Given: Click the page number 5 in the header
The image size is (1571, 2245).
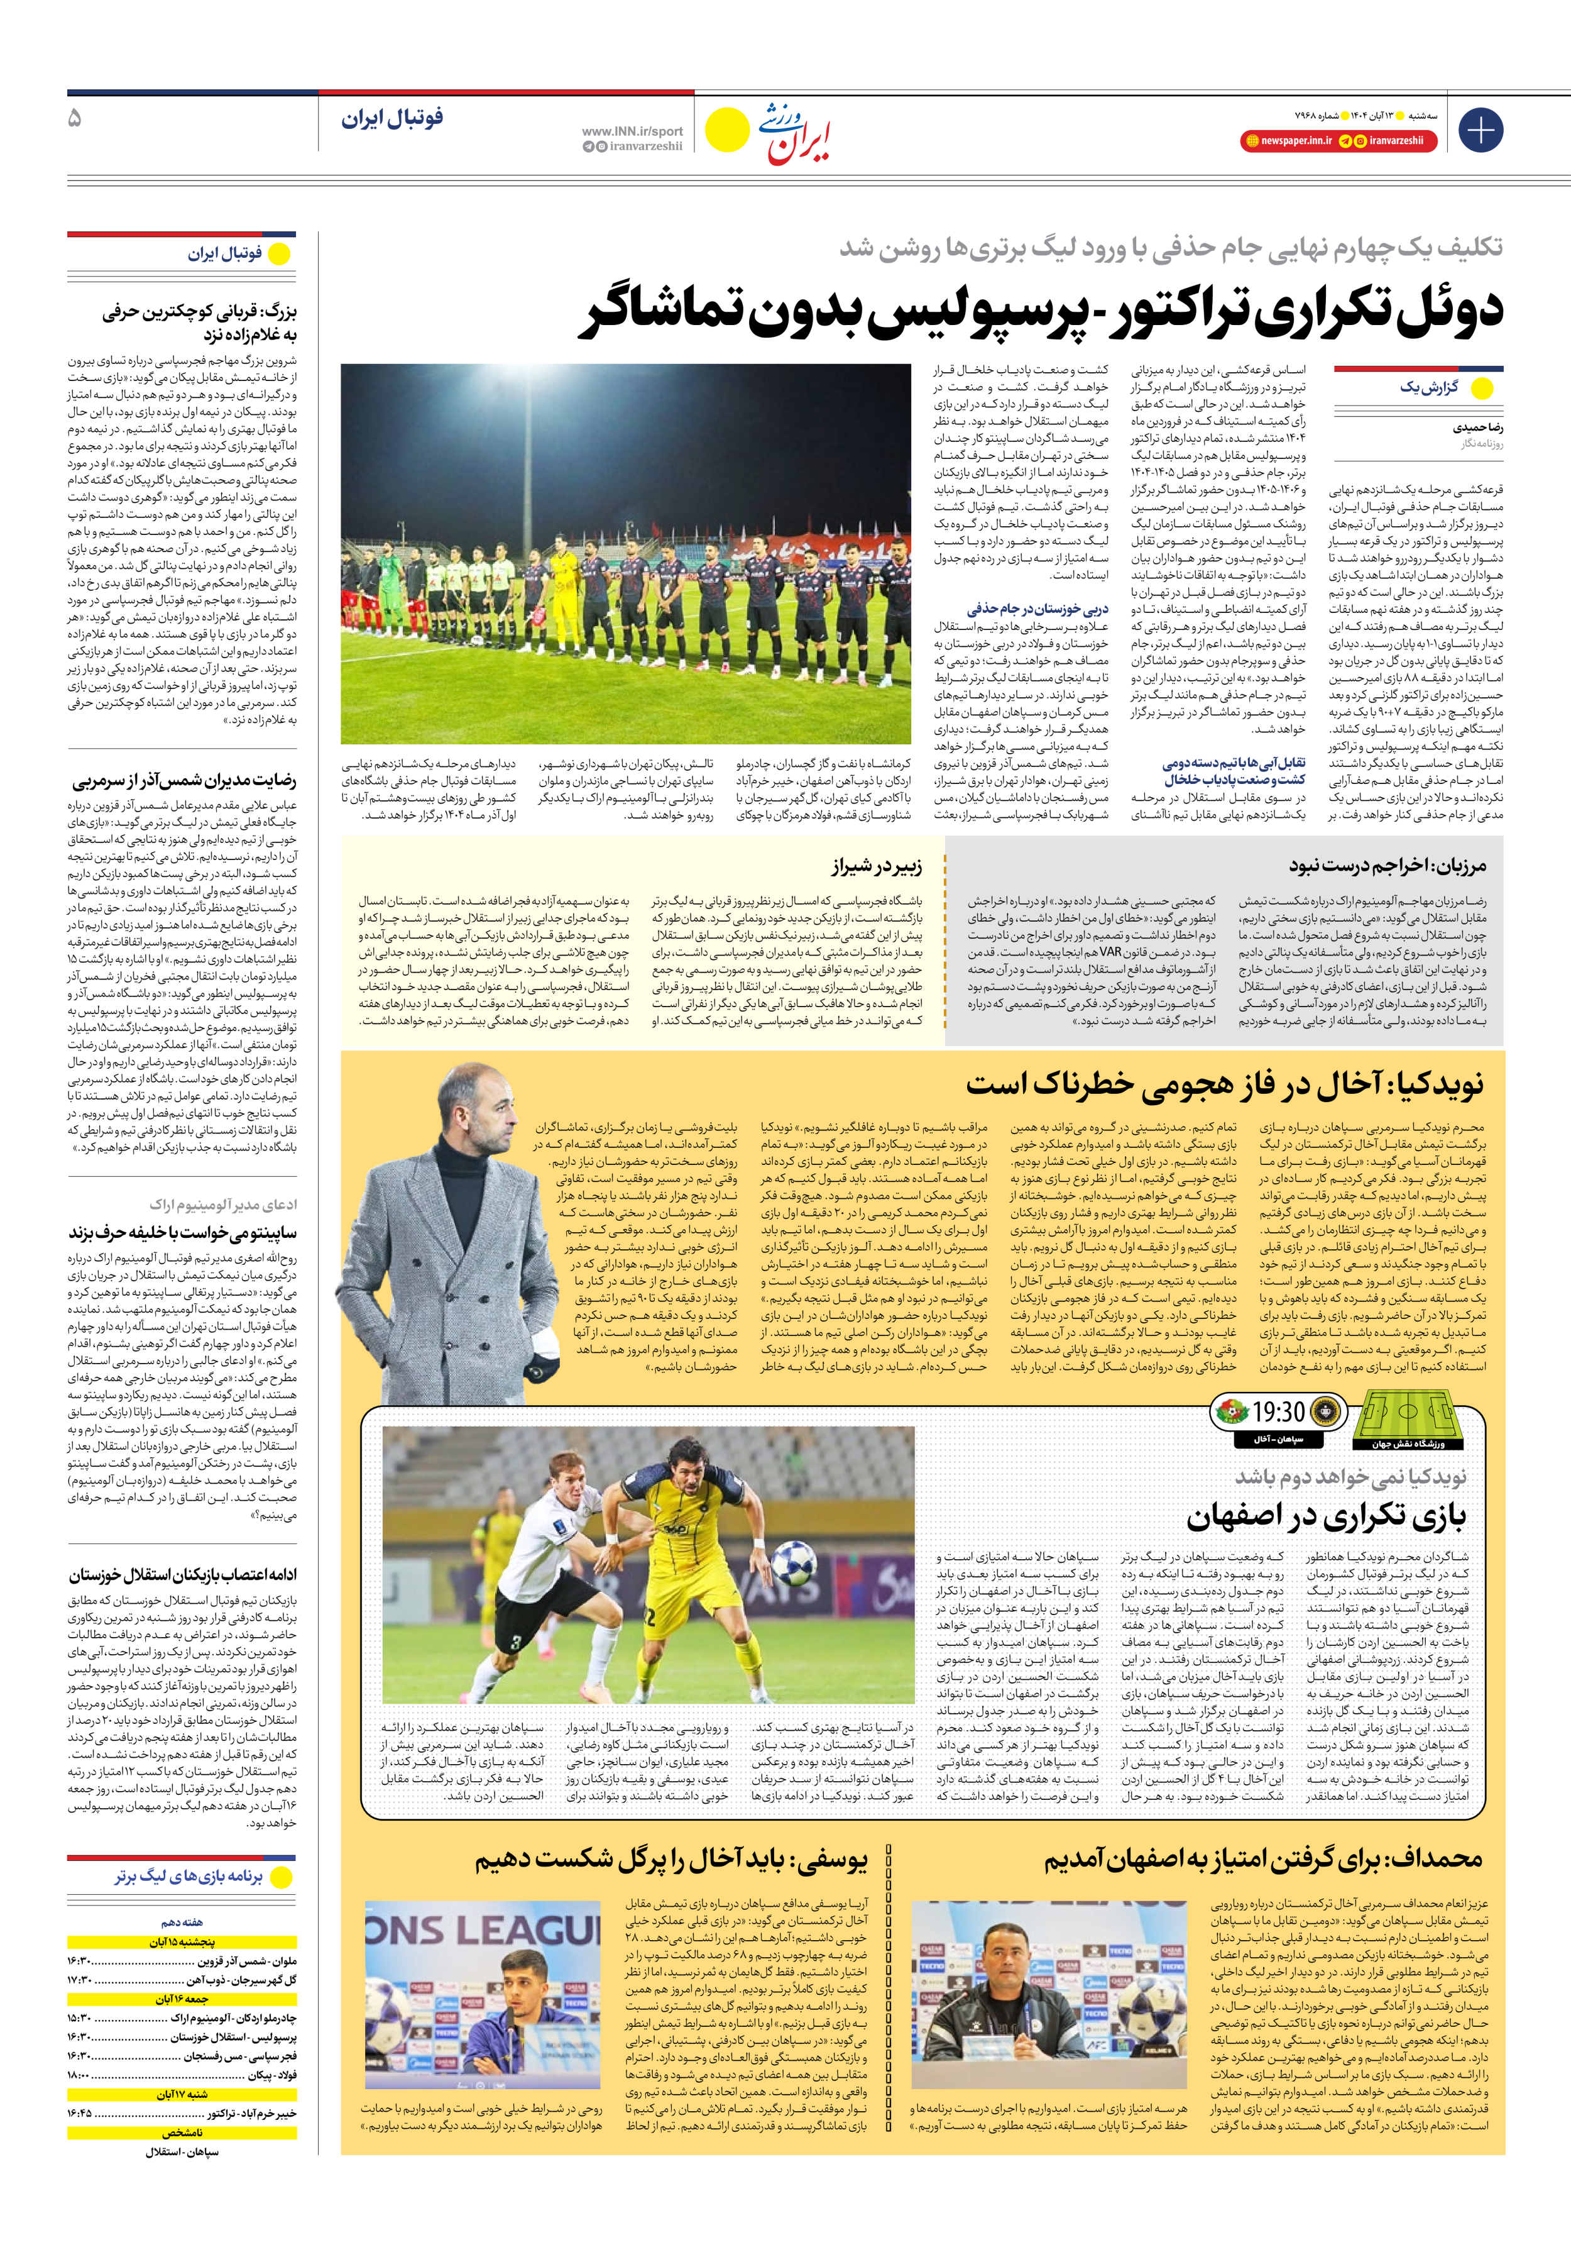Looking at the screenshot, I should (75, 118).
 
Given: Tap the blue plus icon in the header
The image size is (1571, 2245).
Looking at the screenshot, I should (1480, 130).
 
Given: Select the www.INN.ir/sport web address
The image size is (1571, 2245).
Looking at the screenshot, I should (632, 131).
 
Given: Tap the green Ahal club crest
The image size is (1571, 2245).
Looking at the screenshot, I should (1230, 1412).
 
